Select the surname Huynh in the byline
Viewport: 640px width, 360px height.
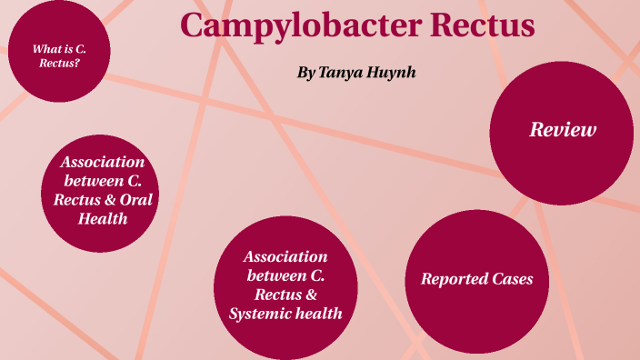point(391,71)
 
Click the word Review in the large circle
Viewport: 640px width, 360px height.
point(563,130)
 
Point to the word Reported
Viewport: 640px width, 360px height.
point(452,279)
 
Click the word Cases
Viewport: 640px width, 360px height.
point(515,279)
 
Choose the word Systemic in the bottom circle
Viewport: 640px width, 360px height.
point(260,315)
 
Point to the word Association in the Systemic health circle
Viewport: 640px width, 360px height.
point(285,257)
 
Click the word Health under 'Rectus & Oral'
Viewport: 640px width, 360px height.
point(103,219)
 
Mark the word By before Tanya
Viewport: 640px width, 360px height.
point(305,71)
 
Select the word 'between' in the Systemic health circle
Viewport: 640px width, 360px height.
point(272,276)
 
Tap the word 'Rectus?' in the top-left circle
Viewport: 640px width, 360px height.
point(56,64)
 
